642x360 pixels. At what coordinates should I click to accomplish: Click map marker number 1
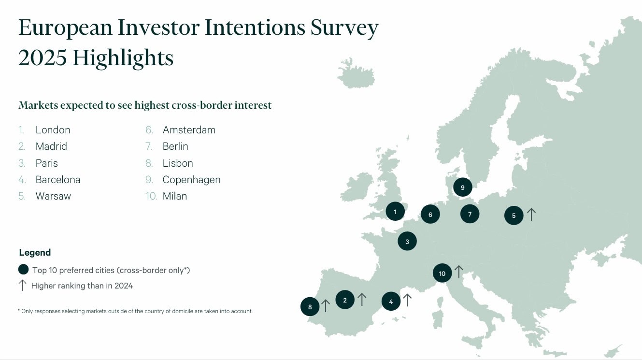[x=395, y=212]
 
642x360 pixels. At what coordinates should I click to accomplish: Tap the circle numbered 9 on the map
[x=463, y=187]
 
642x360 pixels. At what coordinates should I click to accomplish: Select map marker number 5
[x=514, y=215]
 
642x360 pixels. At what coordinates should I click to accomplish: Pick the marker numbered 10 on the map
[x=442, y=273]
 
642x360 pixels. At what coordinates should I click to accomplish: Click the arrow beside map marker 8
[x=325, y=305]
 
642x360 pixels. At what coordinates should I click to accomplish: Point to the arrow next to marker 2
[x=362, y=299]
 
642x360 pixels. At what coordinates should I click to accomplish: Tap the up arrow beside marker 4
[x=407, y=300]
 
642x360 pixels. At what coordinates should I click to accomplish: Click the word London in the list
[x=53, y=130]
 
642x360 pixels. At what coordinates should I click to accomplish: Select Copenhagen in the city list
[x=191, y=180]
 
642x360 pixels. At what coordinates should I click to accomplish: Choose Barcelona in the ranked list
[x=58, y=180]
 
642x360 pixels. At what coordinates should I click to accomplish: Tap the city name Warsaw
[x=53, y=196]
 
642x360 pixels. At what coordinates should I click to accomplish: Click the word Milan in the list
[x=175, y=196]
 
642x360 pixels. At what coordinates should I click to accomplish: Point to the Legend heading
[x=35, y=253]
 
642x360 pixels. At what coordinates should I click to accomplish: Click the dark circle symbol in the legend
[x=23, y=270]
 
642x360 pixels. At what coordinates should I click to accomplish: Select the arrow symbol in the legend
[x=22, y=286]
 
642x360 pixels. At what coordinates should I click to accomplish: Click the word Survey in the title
[x=344, y=28]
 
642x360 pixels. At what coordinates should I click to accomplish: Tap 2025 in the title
[x=43, y=58]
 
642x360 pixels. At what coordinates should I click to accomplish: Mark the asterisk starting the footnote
[x=19, y=310]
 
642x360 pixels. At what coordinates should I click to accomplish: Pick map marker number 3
[x=407, y=241]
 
